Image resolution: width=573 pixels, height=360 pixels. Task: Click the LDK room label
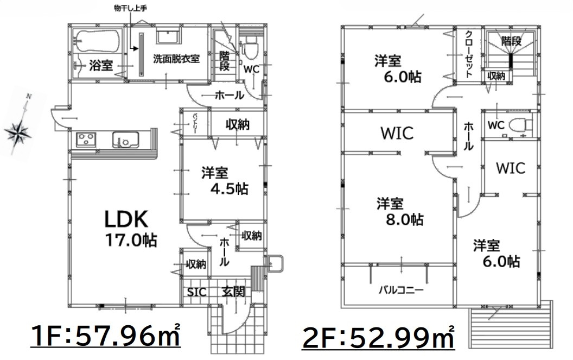point(126,219)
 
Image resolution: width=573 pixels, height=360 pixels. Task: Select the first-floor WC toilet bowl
point(251,49)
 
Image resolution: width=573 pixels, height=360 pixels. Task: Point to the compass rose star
point(18,132)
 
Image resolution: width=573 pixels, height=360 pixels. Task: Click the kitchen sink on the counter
point(125,140)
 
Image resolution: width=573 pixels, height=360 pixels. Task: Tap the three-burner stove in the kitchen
point(86,140)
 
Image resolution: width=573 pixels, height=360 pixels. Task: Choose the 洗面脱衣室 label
point(176,59)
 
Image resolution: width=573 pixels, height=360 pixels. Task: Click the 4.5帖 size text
point(230,189)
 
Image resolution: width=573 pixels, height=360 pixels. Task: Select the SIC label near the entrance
point(196,292)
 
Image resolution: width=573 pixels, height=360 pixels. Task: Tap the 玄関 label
point(234,292)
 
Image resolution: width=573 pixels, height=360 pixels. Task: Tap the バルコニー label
point(401,291)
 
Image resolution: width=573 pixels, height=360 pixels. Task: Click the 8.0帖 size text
point(405,219)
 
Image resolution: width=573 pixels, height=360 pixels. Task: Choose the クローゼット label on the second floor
point(469,54)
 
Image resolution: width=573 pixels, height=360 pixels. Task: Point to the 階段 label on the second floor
point(512,41)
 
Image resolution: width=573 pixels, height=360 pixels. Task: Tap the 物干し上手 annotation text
point(130,8)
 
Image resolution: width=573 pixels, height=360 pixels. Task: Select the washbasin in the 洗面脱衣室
point(168,37)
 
